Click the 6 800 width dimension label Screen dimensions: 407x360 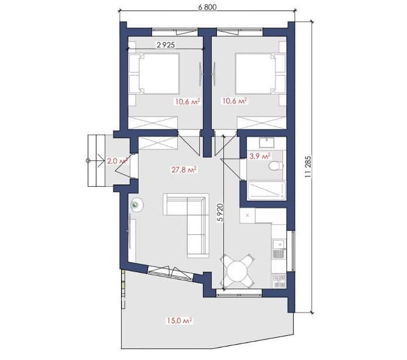[x=207, y=7]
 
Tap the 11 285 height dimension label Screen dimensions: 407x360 [x=308, y=166]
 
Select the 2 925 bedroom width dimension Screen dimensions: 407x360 [x=165, y=45]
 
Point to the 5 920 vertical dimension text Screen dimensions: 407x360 [x=220, y=212]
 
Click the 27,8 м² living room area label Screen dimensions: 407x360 [x=184, y=170]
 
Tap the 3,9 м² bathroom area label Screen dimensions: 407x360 [x=260, y=156]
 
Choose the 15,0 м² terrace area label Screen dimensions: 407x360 [x=180, y=321]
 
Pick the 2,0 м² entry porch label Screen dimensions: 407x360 [x=118, y=161]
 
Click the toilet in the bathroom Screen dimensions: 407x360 [x=275, y=166]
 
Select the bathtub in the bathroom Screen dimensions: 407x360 [x=267, y=191]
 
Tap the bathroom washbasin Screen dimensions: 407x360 [x=267, y=143]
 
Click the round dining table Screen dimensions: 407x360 [x=237, y=271]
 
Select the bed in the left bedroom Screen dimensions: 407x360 [x=154, y=74]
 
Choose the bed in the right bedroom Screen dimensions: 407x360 [x=260, y=74]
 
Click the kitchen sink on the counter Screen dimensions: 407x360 [x=278, y=244]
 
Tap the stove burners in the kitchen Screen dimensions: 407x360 [x=280, y=281]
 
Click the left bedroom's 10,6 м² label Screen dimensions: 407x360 [x=187, y=101]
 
